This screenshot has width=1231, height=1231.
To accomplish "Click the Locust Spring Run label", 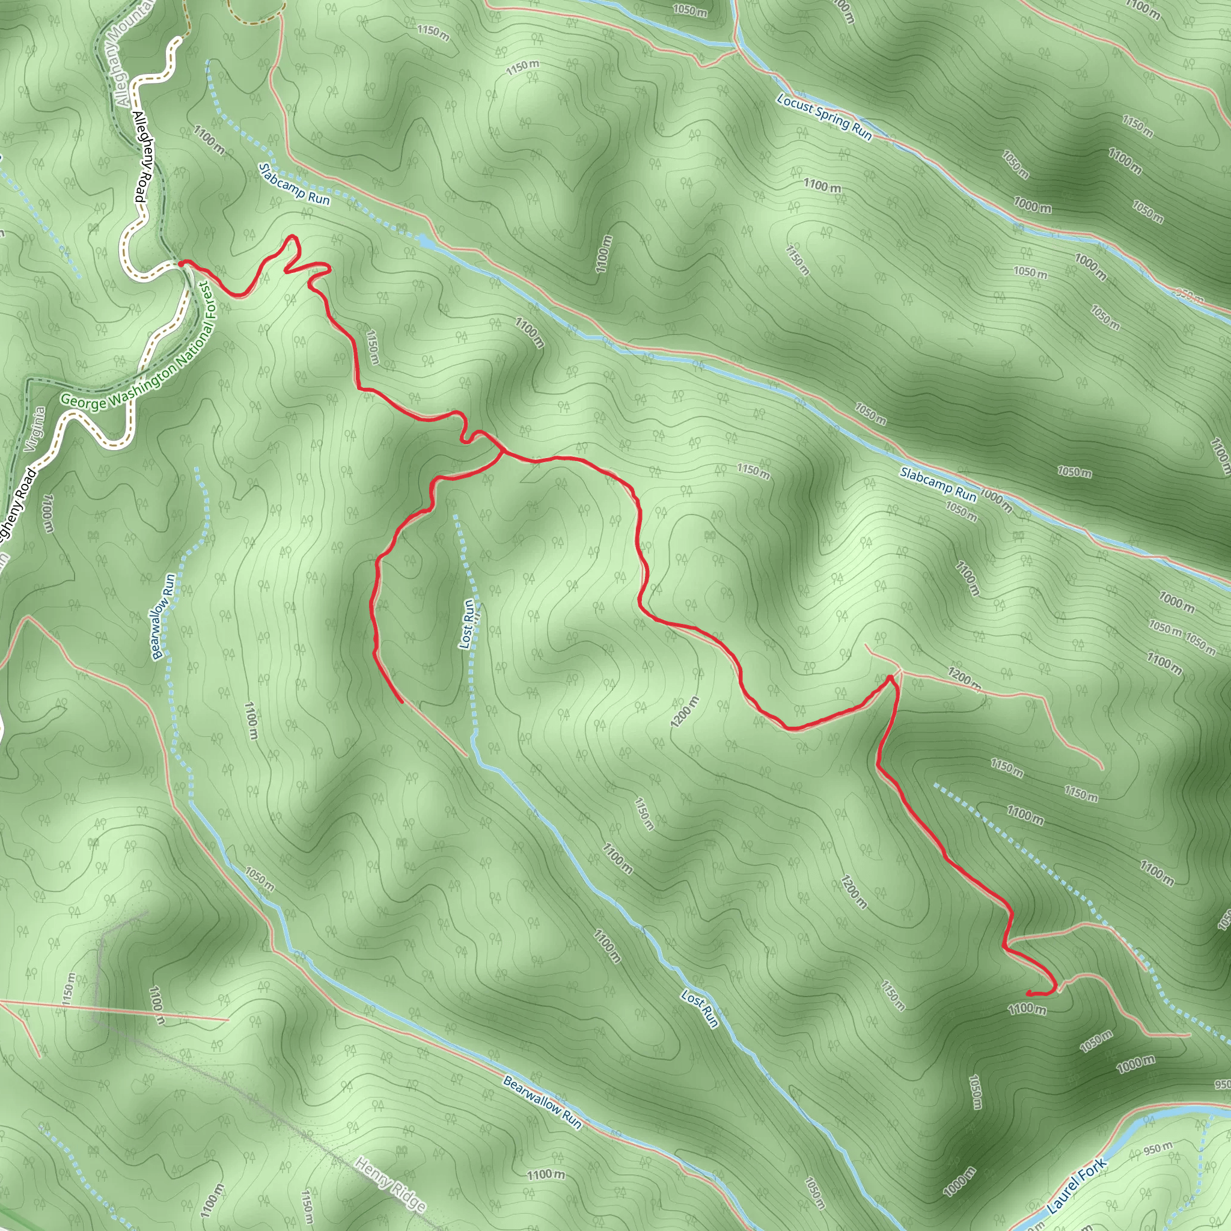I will pyautogui.click(x=824, y=117).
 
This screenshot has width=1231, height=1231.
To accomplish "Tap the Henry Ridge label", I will pyautogui.click(x=390, y=1184).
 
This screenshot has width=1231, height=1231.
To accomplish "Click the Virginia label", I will pyautogui.click(x=35, y=429).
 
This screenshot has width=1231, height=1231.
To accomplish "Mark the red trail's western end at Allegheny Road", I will pyautogui.click(x=182, y=263).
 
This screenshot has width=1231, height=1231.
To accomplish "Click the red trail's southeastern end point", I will pyautogui.click(x=1028, y=994).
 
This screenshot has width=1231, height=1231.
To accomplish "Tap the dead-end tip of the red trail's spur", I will pyautogui.click(x=402, y=702).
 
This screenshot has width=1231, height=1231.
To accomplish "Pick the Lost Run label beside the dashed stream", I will pyautogui.click(x=468, y=624).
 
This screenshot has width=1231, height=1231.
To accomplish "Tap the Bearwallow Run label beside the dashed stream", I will pyautogui.click(x=162, y=616).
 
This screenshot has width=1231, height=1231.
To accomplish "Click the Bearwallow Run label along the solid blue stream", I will pyautogui.click(x=542, y=1102).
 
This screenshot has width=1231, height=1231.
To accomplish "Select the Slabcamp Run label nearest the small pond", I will pyautogui.click(x=295, y=184).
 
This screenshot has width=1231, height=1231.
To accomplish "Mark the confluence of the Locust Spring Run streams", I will pyautogui.click(x=736, y=46).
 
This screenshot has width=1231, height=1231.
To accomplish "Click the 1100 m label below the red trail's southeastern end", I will pyautogui.click(x=1027, y=1009).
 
